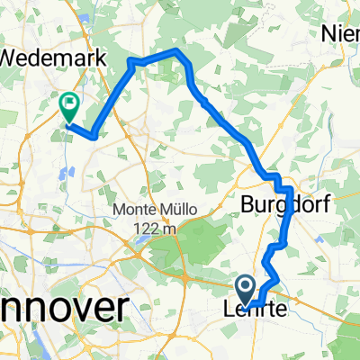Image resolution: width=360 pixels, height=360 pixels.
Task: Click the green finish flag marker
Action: click(69, 107)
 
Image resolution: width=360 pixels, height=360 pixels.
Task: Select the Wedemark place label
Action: click(54, 57)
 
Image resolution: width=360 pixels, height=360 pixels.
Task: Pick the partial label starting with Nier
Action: click(341, 34)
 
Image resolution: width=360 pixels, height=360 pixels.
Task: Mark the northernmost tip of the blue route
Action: click(177, 52)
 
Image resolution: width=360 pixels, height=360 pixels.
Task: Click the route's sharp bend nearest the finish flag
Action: click(93, 137)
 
